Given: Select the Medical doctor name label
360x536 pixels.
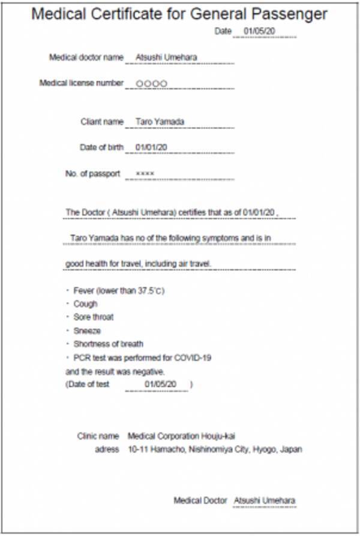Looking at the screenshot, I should point(86,58).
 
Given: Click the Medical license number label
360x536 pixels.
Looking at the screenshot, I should point(81,83).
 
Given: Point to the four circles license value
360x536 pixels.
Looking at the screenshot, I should point(151,83).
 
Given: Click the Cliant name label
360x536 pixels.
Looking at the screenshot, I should point(102,122).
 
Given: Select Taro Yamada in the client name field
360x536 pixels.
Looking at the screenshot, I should point(160,122).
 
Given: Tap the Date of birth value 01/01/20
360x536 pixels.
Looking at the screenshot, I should point(151,147).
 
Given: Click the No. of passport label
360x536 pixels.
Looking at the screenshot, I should point(92,174).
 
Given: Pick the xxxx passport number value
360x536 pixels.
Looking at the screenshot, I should point(145,174).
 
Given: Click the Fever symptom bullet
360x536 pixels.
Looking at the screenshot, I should point(119,291).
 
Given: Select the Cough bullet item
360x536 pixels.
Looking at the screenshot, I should point(85,304).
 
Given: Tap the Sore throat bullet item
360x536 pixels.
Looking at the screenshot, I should point(93,317).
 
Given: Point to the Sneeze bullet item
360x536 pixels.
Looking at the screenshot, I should point(87,330).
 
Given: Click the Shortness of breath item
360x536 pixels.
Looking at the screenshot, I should point(108,344).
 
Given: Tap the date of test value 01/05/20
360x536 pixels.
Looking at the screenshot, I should point(160,384).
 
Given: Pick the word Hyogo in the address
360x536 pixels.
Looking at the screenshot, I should point(265,449).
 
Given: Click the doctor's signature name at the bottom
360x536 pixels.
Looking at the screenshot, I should point(265,500).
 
